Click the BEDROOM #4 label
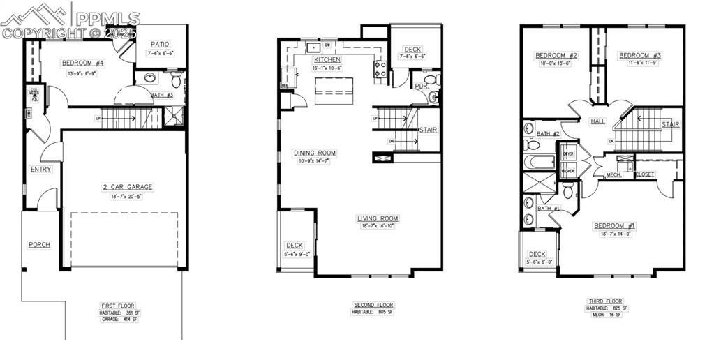[82, 63]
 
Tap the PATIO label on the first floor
[160, 44]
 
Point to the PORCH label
[39, 244]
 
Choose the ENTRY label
[40, 169]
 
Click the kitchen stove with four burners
[381, 68]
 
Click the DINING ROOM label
[314, 153]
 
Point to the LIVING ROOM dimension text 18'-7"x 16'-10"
[378, 226]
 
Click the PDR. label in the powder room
[421, 87]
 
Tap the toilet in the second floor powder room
[433, 96]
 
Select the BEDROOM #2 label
[556, 55]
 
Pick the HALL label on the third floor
[597, 121]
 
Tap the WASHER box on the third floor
[568, 170]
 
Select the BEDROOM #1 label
[614, 225]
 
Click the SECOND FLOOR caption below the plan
[373, 305]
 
